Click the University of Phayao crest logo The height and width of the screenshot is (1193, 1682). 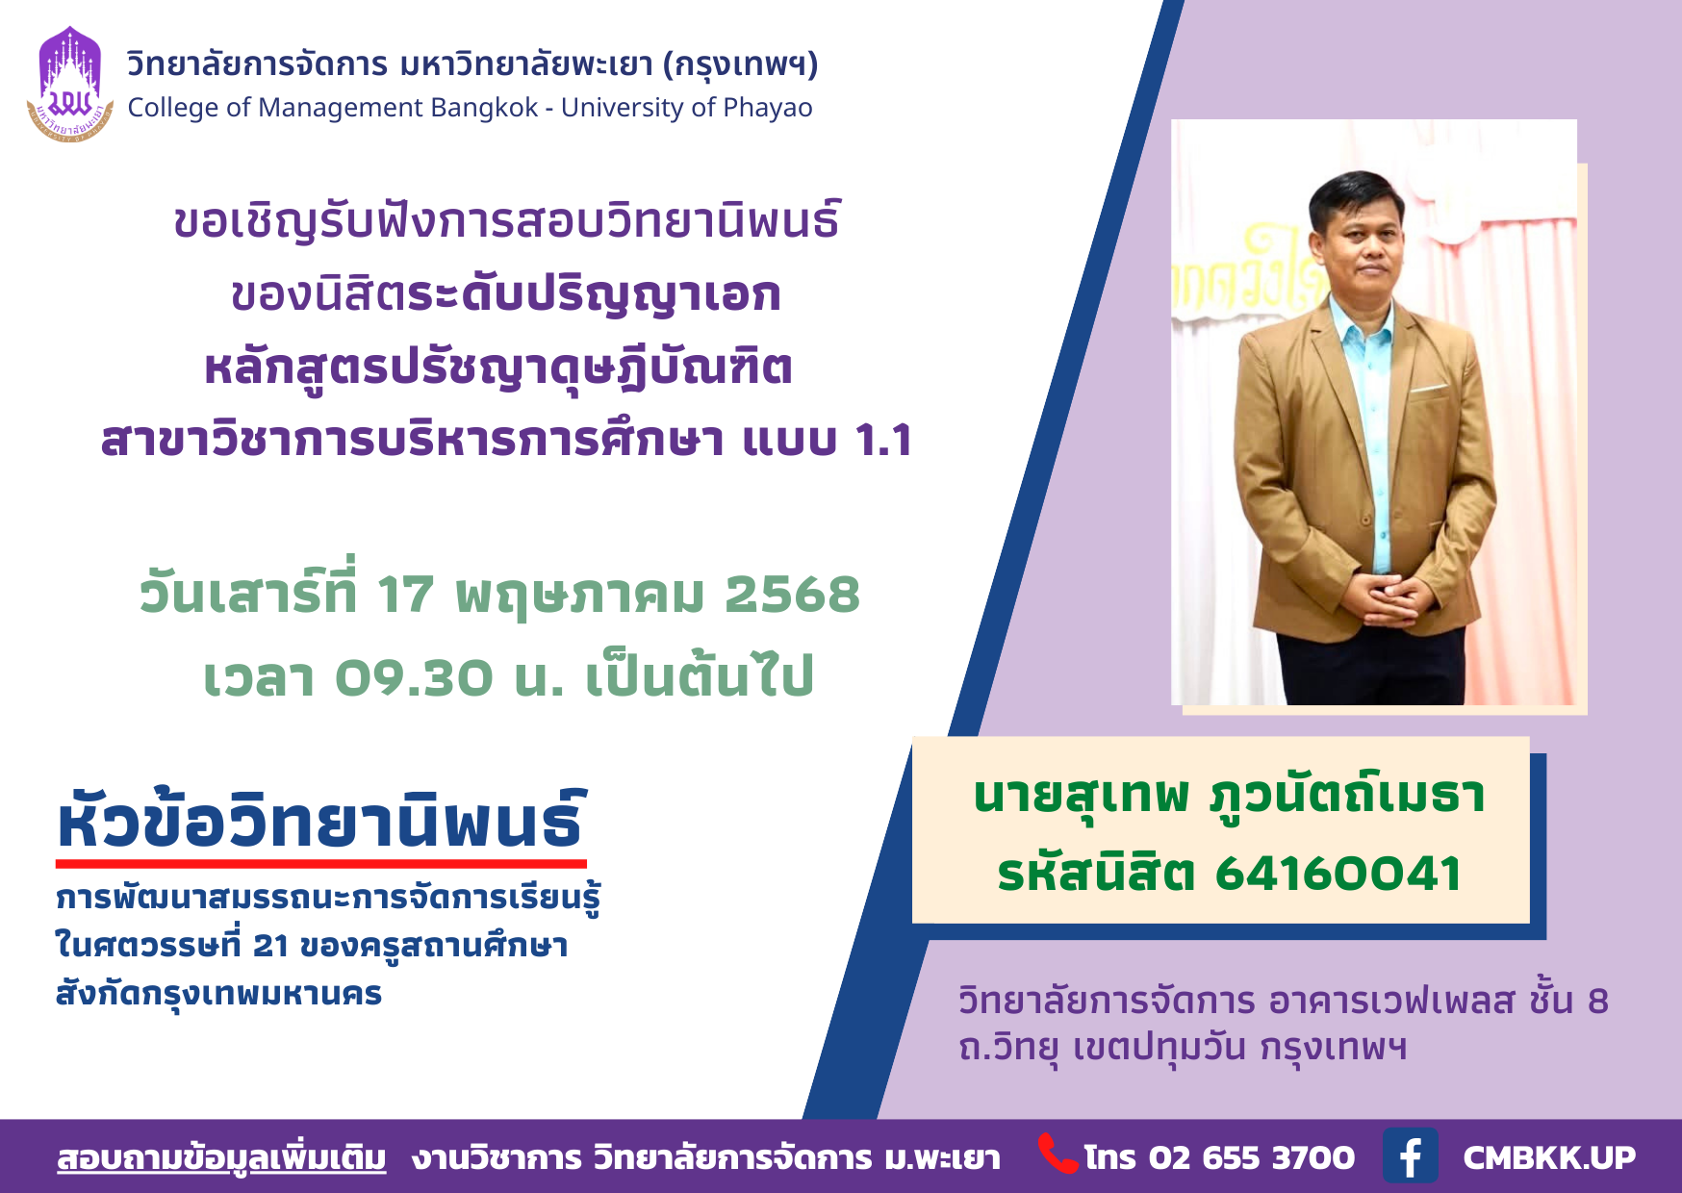click(70, 85)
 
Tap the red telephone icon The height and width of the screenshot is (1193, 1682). click(1058, 1155)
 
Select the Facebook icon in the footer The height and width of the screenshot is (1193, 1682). click(1411, 1155)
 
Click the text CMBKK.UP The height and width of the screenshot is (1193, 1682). click(1549, 1157)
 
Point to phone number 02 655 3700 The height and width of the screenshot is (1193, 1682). click(1251, 1157)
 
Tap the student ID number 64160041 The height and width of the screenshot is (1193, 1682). click(1338, 874)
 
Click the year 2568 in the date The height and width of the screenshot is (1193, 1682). click(792, 594)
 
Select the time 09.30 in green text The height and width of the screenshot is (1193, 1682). click(414, 677)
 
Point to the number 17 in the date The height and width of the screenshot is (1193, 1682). click(405, 594)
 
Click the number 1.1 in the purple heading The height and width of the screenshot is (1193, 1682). click(883, 440)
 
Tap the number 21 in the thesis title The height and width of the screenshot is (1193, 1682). click(270, 946)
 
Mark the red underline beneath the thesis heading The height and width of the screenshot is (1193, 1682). click(321, 864)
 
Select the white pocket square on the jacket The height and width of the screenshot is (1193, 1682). click(1429, 389)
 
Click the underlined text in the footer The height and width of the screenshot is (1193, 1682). click(221, 1157)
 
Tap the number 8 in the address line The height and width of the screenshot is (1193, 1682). click(1597, 1001)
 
